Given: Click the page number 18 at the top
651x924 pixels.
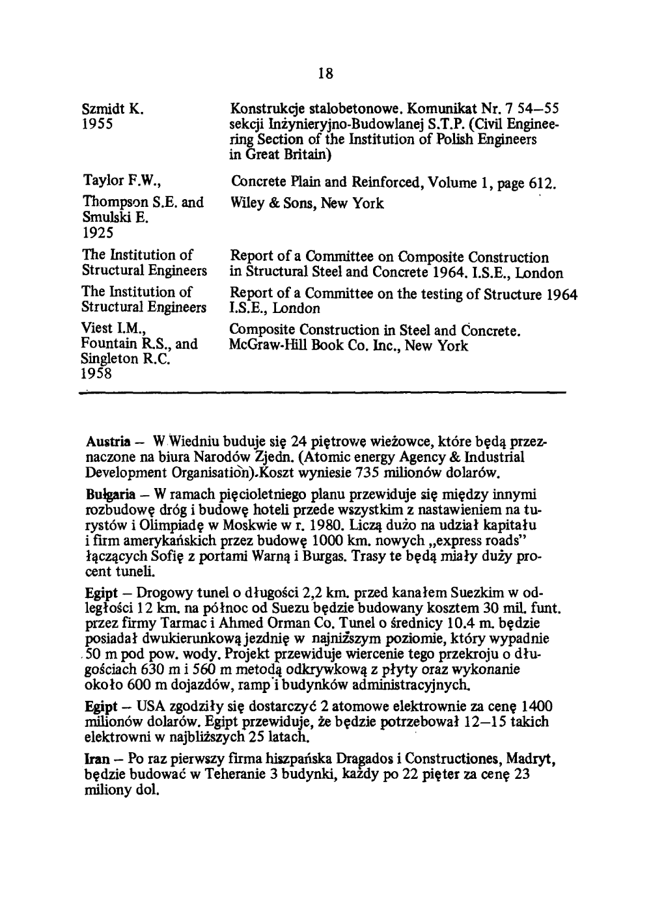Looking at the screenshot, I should (325, 74).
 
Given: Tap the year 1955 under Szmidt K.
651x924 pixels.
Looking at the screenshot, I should (99, 123).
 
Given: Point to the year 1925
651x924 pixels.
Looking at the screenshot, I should (98, 232).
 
